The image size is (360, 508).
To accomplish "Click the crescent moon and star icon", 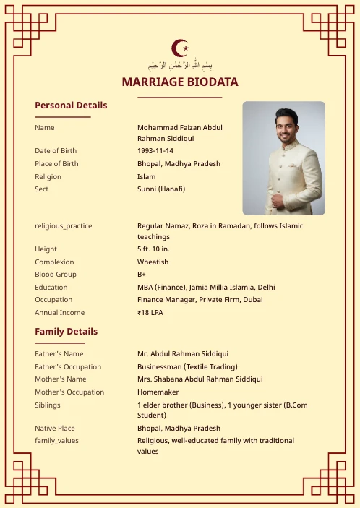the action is coord(180,48).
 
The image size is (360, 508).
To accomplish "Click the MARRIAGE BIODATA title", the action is coord(180,82).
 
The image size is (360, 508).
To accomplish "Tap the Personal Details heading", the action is coord(71,106).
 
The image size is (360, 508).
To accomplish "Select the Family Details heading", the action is coord(66,332).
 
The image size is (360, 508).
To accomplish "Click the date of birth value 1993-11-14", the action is coord(155,151).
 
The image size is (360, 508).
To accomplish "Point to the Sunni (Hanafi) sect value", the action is coord(161,189).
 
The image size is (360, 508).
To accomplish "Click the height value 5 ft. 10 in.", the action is coord(153,249).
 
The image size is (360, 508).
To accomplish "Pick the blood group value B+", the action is coord(142,275).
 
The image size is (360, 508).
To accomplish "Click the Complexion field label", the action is coord(54,262).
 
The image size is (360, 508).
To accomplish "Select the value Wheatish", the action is coord(153,262).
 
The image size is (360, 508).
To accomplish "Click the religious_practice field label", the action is coord(64,226).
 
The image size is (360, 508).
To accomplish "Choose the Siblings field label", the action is coord(48,405).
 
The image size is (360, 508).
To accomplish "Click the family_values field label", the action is coord(56,441).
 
